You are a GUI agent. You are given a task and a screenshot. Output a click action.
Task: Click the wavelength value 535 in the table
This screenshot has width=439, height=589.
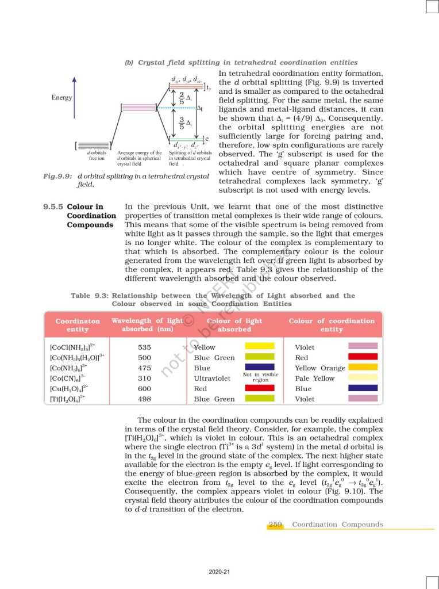[x=145, y=347]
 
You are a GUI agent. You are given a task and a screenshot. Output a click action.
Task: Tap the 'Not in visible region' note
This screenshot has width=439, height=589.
[x=260, y=377]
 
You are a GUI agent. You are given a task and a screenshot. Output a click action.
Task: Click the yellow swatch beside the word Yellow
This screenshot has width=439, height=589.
[x=260, y=346]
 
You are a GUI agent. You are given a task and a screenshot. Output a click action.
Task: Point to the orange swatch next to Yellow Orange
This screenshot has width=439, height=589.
[x=363, y=367]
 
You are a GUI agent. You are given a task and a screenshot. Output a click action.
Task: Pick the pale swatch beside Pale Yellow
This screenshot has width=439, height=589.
[x=363, y=378]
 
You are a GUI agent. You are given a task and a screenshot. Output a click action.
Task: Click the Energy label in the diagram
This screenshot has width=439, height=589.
[x=62, y=98]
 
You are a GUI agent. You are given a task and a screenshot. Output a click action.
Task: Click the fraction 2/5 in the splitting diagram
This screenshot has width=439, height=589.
[x=182, y=98]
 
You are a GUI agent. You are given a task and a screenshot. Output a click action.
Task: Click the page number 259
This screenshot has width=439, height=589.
[x=276, y=525]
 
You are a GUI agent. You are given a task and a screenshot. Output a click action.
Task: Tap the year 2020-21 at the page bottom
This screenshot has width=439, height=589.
[x=219, y=572]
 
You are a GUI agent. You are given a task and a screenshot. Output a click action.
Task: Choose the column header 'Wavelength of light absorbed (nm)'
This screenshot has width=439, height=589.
[x=147, y=325]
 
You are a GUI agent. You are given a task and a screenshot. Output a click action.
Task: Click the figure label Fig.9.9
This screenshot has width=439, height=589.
[x=57, y=177]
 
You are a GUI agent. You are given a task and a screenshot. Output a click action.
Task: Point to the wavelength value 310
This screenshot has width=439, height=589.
[x=145, y=378]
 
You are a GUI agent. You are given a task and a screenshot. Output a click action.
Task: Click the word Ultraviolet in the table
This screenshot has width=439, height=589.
[x=212, y=378]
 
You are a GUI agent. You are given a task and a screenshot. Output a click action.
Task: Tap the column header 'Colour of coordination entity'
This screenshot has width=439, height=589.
[x=332, y=325]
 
